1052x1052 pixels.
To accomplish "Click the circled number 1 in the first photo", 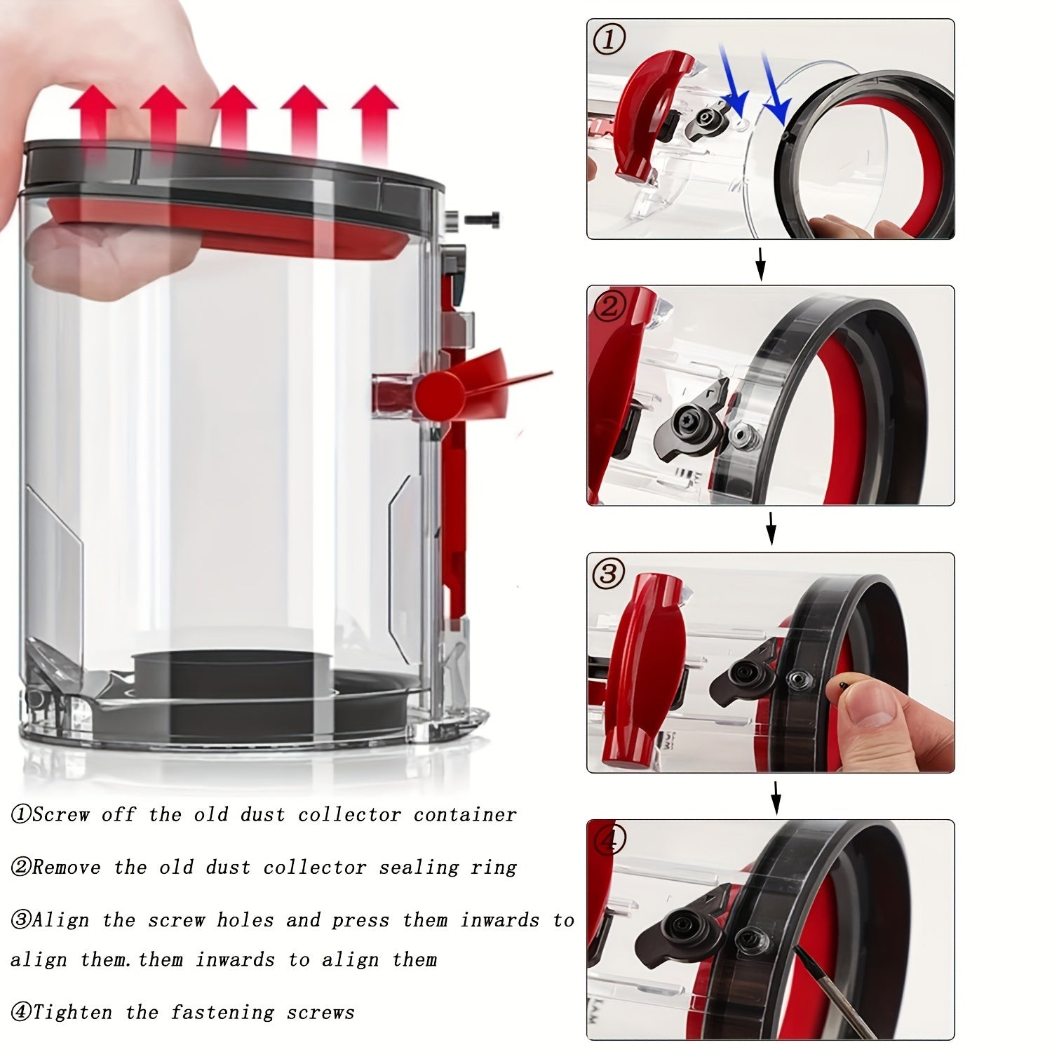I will coord(609,40).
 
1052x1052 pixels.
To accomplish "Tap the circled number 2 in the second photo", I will coord(609,306).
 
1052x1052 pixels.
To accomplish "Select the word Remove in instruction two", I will coord(67,868).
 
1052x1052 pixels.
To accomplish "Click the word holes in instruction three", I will coord(245,920).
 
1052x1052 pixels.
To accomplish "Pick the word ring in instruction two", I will coord(493,868).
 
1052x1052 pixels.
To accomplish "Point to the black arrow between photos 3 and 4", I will coord(775,798).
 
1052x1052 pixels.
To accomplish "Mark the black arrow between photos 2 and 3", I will coord(771,530).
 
